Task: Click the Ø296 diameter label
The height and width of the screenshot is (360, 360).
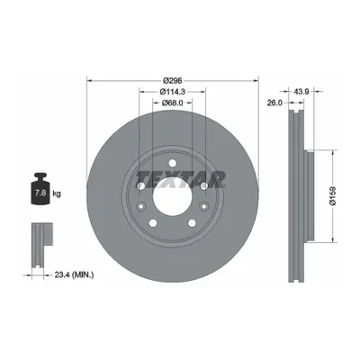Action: [x=173, y=80]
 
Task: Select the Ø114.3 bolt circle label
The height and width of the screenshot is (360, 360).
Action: [x=173, y=92]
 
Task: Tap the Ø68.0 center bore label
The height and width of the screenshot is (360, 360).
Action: [x=173, y=103]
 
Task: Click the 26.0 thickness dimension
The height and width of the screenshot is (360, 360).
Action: [x=274, y=103]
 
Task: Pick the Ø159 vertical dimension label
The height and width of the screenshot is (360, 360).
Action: [x=333, y=196]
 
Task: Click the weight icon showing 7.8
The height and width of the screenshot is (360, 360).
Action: [x=40, y=189]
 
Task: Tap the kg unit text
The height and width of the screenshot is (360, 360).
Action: [x=57, y=193]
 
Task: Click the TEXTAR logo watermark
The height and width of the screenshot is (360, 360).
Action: [x=181, y=180]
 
